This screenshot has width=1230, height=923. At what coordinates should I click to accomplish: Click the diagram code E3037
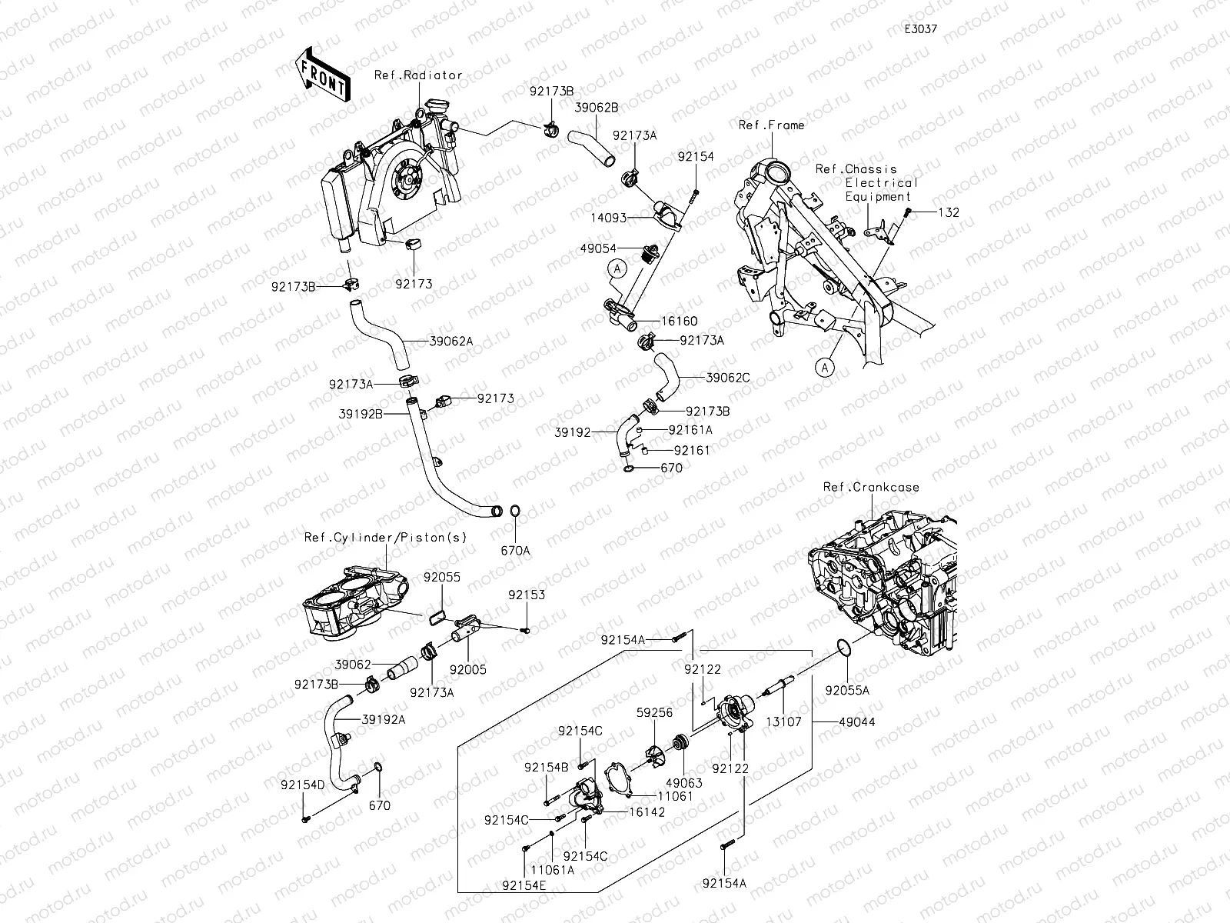[920, 28]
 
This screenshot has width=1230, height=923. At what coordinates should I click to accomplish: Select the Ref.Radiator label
[418, 75]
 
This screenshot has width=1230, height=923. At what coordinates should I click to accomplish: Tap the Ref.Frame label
[771, 125]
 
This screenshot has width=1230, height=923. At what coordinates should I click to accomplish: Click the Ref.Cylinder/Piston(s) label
[385, 537]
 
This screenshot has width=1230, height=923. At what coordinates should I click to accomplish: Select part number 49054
[599, 248]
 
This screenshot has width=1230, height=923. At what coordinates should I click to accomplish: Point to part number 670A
[516, 551]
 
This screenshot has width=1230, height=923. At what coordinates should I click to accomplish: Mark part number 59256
[654, 713]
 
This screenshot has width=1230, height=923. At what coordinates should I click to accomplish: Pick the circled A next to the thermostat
[617, 268]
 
